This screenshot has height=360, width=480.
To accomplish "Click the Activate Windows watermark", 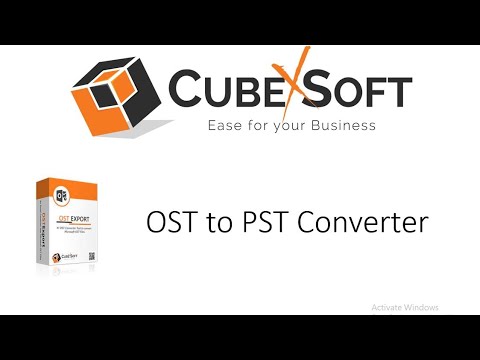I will (x=404, y=307).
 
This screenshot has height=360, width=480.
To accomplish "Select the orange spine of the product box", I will (x=44, y=228).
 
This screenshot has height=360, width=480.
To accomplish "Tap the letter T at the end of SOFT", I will (x=397, y=92).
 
